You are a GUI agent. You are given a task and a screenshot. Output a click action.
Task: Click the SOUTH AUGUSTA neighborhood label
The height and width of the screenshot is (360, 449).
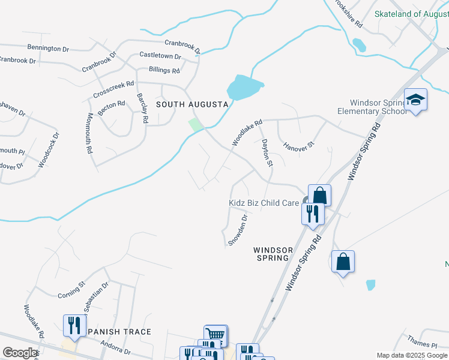click(192, 104)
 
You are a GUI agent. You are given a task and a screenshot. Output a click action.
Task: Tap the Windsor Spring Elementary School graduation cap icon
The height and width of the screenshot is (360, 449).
click(415, 99)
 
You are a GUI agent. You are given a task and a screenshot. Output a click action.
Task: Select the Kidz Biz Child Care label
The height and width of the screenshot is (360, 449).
click(264, 203)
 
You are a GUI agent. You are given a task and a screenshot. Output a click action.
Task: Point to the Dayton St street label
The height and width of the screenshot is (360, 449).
click(267, 153)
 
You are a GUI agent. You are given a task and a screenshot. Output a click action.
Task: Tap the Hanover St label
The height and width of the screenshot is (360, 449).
click(299, 146)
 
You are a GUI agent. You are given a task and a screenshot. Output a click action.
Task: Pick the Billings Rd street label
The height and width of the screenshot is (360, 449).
click(164, 70)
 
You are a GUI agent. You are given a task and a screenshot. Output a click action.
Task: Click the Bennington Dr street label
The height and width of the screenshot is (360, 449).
click(52, 48)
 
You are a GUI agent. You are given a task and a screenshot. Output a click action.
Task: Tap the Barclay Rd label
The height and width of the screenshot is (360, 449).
click(142, 108)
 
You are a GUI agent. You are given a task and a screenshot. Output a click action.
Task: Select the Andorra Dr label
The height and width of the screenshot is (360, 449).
click(115, 347)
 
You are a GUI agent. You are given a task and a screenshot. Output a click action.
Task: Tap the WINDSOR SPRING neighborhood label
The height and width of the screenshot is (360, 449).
click(273, 254)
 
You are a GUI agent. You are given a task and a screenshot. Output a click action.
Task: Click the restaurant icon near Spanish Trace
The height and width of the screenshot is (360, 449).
click(72, 325)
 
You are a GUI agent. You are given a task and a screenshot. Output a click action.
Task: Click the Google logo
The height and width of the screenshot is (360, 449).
click(20, 353)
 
